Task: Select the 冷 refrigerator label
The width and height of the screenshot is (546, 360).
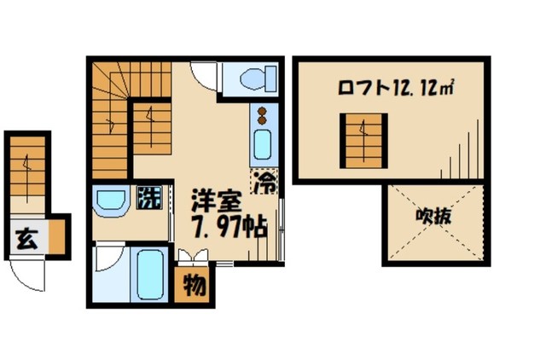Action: coord(265,181)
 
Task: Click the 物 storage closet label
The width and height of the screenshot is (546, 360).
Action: coord(195,285)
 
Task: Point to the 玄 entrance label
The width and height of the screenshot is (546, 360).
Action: coord(23,239)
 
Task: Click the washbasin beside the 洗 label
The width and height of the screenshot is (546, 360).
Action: coord(111,202)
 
